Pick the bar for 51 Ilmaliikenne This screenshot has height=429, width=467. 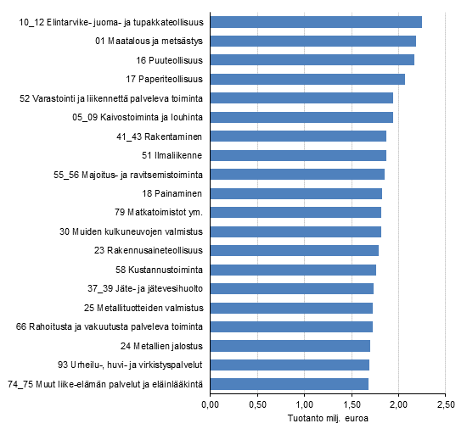298,155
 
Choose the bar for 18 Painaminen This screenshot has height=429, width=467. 295,193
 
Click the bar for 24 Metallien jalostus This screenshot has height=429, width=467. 290,345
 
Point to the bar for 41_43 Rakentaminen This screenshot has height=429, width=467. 298,136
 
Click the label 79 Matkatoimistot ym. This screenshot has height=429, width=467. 160,212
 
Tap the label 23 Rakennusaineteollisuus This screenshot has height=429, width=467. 149,250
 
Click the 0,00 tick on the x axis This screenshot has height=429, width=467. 210,404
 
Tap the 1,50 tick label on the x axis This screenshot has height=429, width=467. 351,404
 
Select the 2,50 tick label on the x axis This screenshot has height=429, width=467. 445,404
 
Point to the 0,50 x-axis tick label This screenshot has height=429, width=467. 256,404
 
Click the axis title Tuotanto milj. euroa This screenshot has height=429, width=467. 327,418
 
